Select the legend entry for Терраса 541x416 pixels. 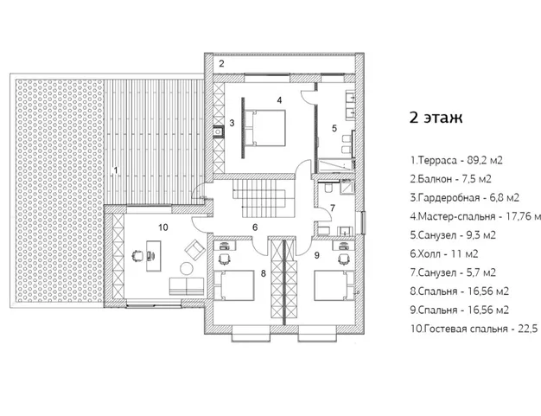(x=456, y=161)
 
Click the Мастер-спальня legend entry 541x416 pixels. (x=476, y=216)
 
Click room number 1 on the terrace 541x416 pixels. (x=115, y=170)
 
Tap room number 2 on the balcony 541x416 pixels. (x=220, y=65)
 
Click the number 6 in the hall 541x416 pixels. (x=255, y=227)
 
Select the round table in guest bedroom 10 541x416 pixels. (x=193, y=266)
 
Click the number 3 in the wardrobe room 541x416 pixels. (x=232, y=125)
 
